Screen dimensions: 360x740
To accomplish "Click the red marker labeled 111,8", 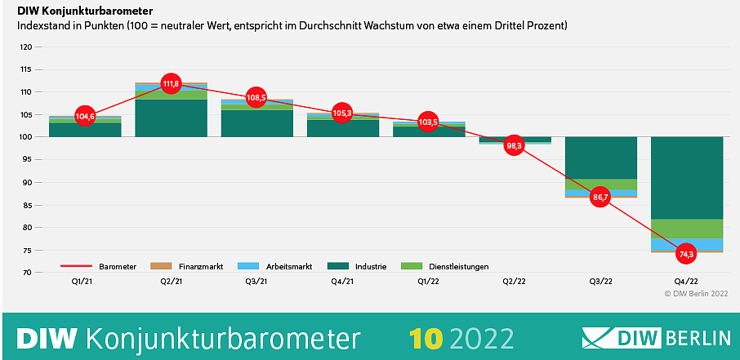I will pos(171,83).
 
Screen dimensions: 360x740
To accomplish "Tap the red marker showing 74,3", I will pos(686,254).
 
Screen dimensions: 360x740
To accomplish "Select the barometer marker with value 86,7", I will pos(600,198).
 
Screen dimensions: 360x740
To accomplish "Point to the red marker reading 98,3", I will pos(514,145).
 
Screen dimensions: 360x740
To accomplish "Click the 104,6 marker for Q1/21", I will pos(85,117).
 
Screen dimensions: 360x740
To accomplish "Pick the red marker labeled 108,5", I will pos(256,97).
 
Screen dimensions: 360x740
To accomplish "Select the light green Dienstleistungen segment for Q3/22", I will pos(600,184).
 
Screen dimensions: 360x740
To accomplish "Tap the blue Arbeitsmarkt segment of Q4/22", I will pos(686,245).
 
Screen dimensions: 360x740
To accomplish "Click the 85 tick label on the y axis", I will pos(27,205).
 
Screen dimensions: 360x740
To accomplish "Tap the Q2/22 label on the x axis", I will pos(514,282).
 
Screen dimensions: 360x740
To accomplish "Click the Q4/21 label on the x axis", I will pos(342,282).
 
